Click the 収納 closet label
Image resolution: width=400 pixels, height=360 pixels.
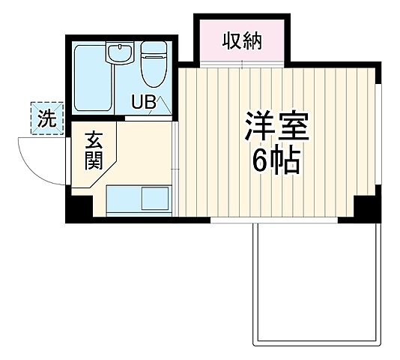(241, 42)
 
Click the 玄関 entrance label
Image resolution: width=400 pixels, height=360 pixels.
(94, 150)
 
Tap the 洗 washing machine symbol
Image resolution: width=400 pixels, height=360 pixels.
(46, 118)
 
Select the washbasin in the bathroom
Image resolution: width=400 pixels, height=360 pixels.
(118, 54)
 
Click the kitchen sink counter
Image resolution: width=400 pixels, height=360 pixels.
(138, 199)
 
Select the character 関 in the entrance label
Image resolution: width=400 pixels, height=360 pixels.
(94, 161)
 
